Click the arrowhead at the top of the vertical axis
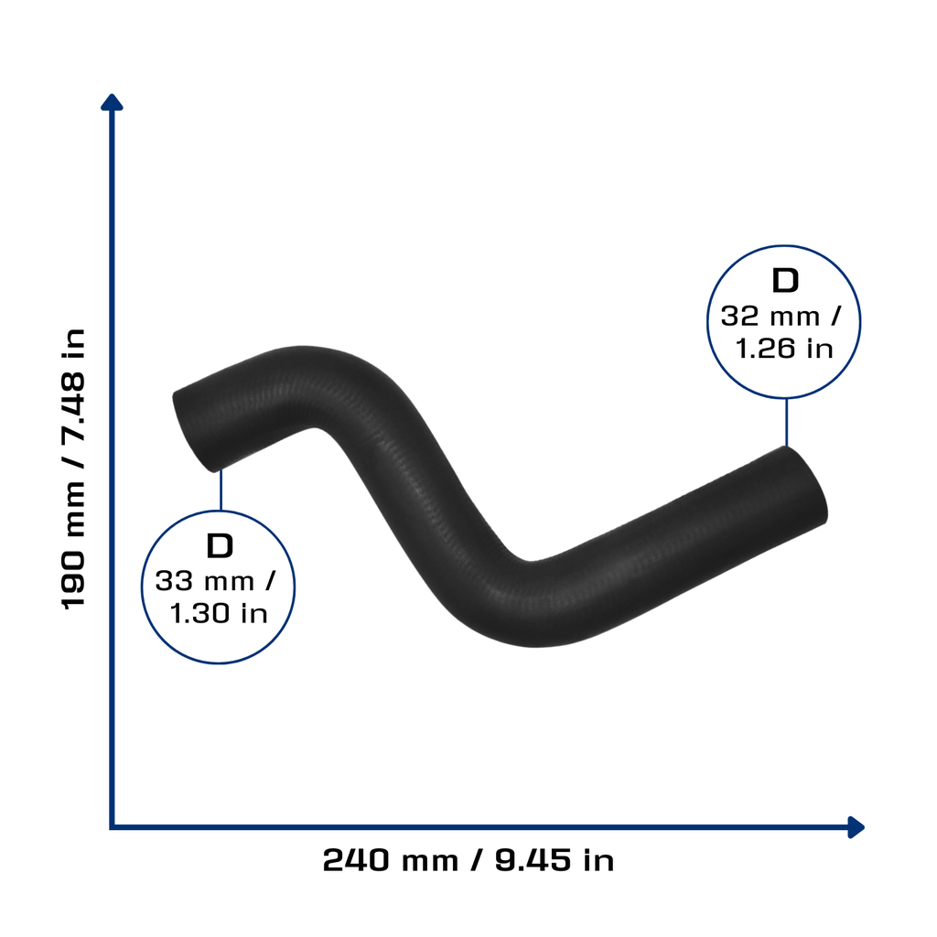coord(112,102)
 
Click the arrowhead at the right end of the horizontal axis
coord(856,827)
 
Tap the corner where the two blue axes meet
coord(112,827)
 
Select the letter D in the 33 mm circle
coord(220,545)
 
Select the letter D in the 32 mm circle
coord(785,280)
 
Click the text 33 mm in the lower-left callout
coord(205,581)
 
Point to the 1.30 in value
coord(219,613)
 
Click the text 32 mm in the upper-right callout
coord(770,316)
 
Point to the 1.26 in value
coord(784,349)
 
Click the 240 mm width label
coord(391,860)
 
